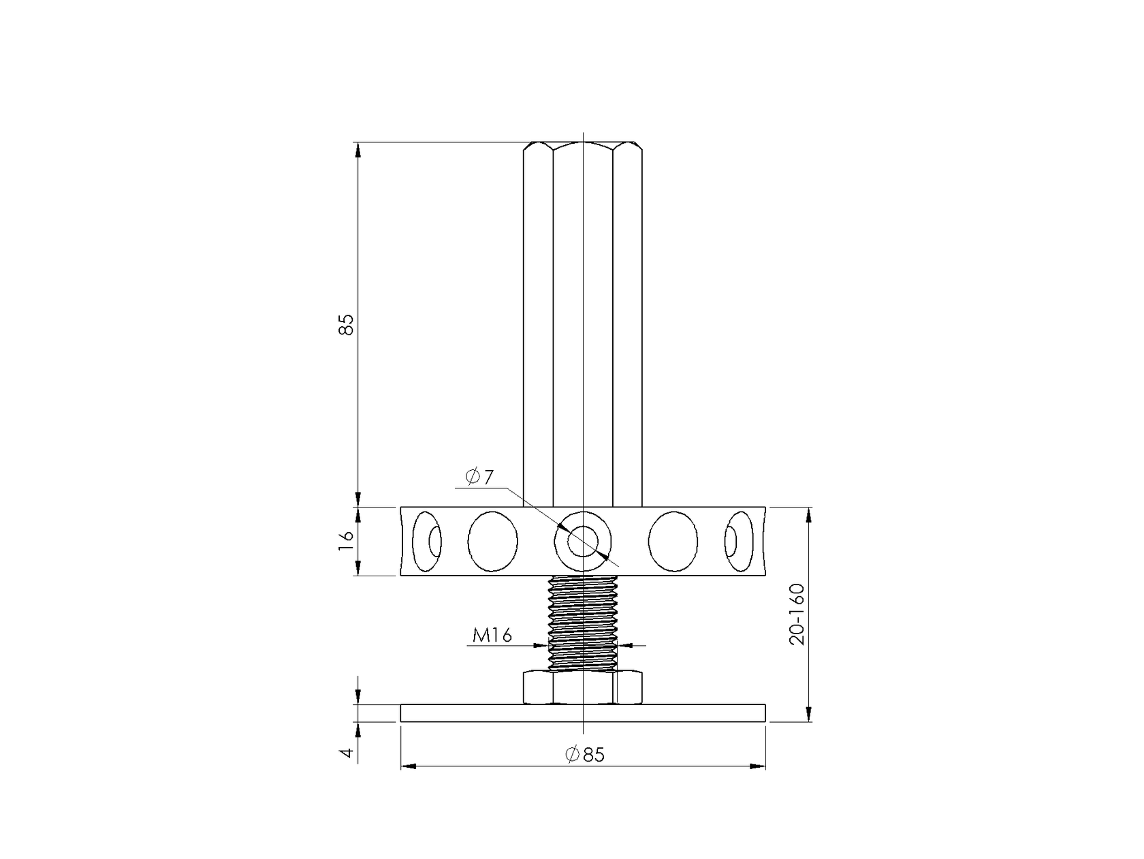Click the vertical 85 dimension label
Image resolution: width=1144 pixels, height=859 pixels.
pyautogui.click(x=346, y=324)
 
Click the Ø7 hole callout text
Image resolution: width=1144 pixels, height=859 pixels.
pyautogui.click(x=479, y=476)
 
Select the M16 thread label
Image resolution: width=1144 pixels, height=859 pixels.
pyautogui.click(x=492, y=635)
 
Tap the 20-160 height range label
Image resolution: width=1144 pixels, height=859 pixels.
pyautogui.click(x=797, y=614)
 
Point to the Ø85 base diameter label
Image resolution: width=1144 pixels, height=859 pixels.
pyautogui.click(x=585, y=754)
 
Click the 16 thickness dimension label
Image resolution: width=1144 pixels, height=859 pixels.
pyautogui.click(x=346, y=541)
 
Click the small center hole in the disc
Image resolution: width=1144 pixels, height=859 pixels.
pyautogui.click(x=583, y=541)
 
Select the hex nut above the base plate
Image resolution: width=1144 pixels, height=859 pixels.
pyautogui.click(x=583, y=687)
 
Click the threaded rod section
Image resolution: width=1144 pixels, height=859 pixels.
pyautogui.click(x=583, y=623)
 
